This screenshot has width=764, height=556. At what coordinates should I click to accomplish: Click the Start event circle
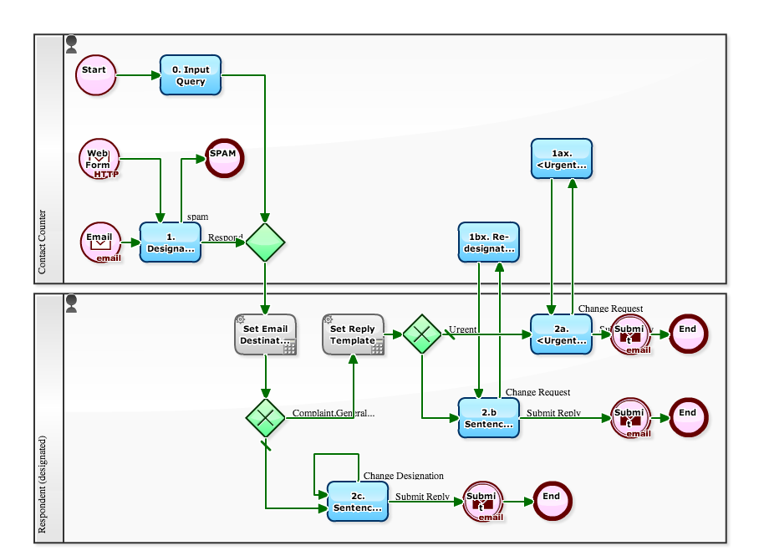tap(95, 75)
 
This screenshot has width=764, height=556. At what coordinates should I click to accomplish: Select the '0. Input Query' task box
tap(191, 76)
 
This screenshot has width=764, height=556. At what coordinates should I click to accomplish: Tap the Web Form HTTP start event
tap(99, 159)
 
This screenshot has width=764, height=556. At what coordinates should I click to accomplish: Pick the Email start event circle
tap(100, 242)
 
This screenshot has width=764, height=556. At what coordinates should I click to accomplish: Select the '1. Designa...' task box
tap(171, 243)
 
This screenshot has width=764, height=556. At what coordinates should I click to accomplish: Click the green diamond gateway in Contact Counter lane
tap(265, 242)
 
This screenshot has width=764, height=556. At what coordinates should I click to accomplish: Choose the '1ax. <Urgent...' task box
tap(562, 159)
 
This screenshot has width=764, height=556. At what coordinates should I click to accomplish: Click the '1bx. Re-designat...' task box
tap(489, 242)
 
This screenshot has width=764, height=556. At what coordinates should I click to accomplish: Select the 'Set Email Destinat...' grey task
tap(265, 335)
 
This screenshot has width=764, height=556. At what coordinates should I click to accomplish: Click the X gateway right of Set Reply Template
tap(422, 334)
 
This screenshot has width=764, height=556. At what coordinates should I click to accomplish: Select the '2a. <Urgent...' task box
tap(562, 334)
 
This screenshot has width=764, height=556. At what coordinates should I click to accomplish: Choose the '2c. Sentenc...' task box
tap(358, 502)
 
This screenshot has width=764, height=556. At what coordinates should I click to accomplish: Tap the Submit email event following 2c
tap(482, 502)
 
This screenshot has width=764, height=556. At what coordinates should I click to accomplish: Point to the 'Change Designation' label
tap(404, 476)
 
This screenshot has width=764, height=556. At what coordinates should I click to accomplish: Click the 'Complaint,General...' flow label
tap(334, 413)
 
